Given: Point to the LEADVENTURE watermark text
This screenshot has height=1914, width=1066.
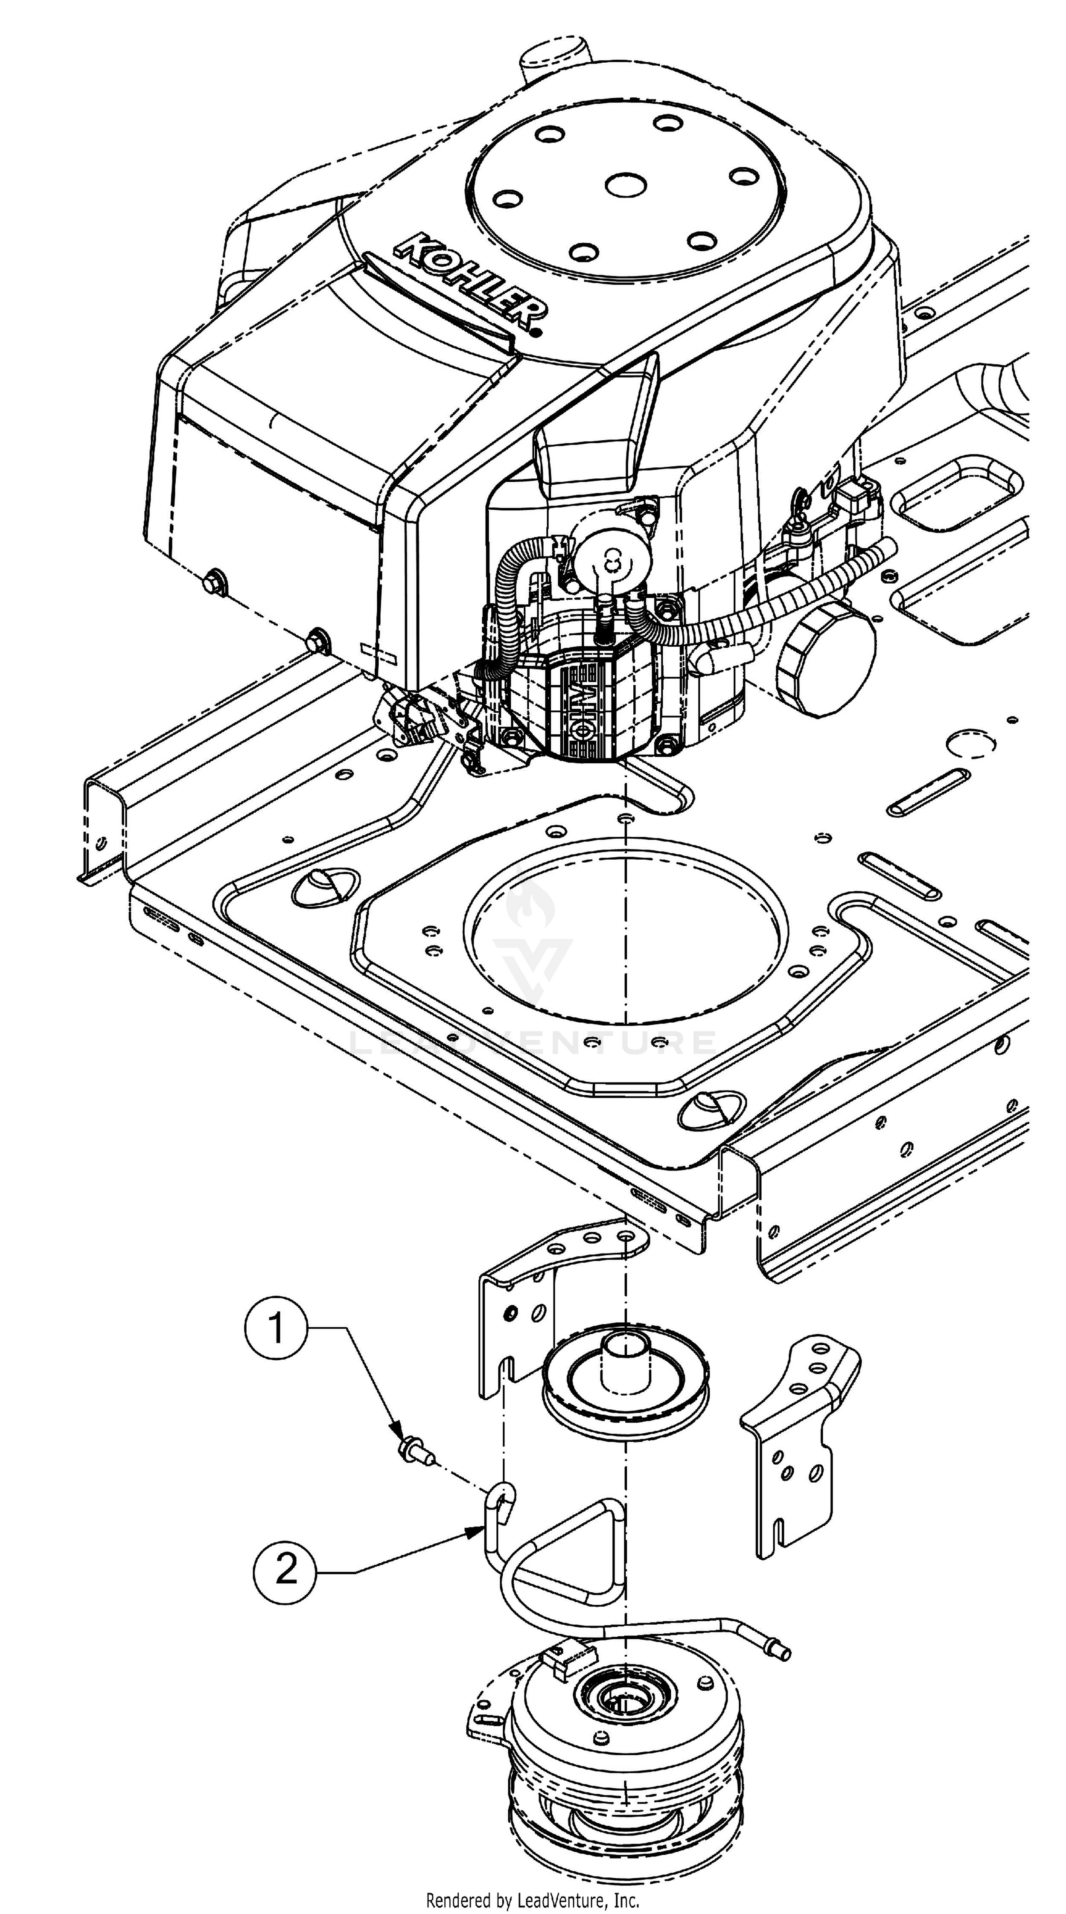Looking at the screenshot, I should pos(532,1042).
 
